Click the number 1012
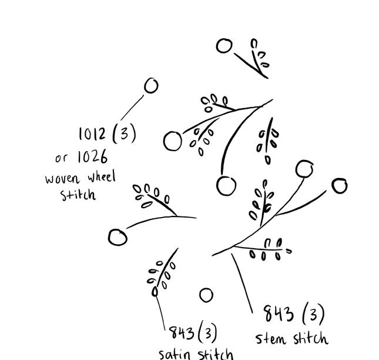93,134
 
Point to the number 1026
91,157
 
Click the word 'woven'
62,178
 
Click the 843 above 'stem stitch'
278,314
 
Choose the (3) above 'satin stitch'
207,333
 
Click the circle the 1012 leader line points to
151,86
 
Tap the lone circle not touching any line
206,295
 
